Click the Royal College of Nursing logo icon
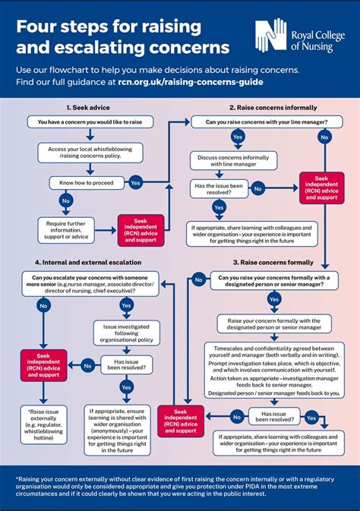[x=269, y=34]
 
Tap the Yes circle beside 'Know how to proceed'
[x=135, y=182]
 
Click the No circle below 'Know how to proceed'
[x=65, y=202]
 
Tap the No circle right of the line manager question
[x=324, y=137]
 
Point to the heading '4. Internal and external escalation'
[x=89, y=262]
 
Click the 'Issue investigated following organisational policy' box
[x=126, y=332]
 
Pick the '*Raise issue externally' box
[x=43, y=426]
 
